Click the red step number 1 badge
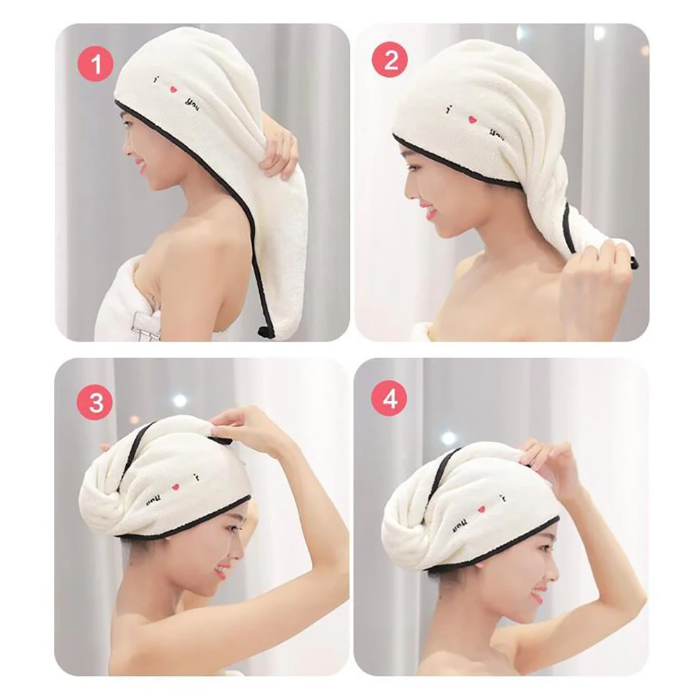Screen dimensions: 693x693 tap(96, 64)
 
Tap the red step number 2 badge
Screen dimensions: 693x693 tap(390, 61)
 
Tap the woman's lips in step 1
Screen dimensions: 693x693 tap(141, 167)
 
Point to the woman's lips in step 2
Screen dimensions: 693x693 tap(431, 212)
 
